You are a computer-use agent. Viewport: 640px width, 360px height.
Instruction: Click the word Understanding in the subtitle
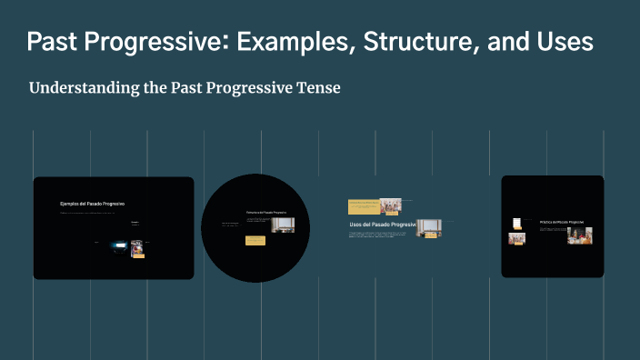point(80,88)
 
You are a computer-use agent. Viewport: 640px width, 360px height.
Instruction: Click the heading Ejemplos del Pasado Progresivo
point(92,204)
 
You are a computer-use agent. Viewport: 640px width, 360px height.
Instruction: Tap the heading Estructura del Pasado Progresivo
point(266,213)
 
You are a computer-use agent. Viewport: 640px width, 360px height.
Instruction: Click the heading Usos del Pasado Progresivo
point(382,224)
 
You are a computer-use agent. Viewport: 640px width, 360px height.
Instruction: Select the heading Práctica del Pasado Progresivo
point(561,222)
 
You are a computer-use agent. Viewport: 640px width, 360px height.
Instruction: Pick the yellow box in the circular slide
point(255,241)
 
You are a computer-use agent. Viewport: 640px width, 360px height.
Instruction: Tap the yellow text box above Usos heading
point(364,206)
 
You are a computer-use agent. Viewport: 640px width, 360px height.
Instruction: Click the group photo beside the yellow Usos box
point(391,205)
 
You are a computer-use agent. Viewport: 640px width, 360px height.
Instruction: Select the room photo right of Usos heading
point(429,227)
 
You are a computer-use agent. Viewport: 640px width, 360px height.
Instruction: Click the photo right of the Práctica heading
point(580,235)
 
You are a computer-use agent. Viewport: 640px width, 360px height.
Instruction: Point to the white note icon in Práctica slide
point(516,223)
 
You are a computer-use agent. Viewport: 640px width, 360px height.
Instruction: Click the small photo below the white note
point(516,239)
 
